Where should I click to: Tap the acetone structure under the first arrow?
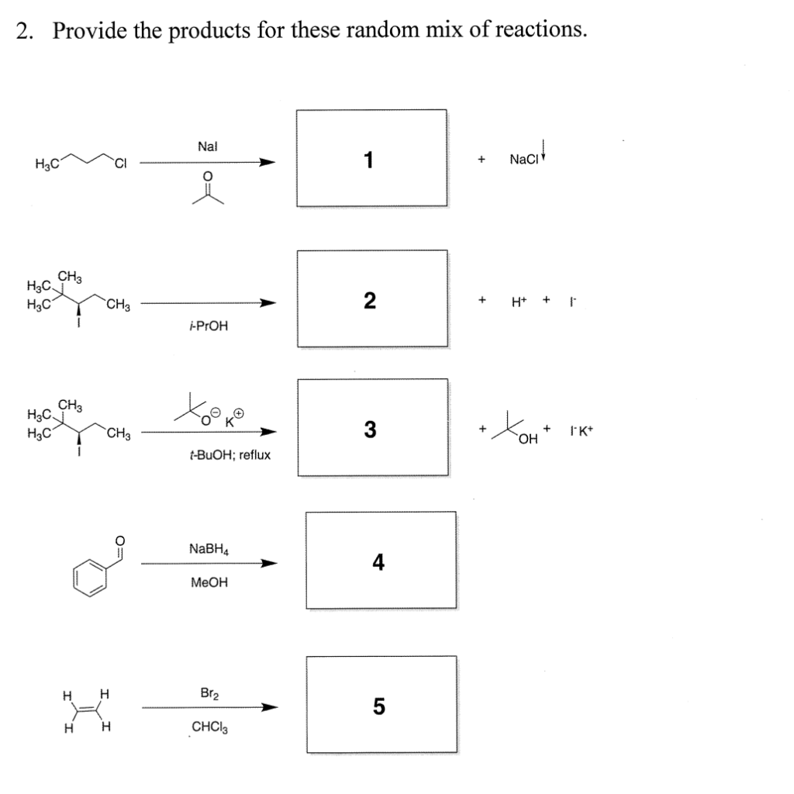(x=207, y=191)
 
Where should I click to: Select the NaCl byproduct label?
(x=523, y=159)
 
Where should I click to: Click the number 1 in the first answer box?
(x=370, y=159)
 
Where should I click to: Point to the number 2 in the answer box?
(x=370, y=300)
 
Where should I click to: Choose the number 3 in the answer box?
(x=370, y=429)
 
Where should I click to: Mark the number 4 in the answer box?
(x=378, y=561)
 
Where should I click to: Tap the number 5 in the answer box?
(x=378, y=706)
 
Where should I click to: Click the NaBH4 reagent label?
(x=209, y=548)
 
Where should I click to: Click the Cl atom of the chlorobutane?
(x=122, y=162)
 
